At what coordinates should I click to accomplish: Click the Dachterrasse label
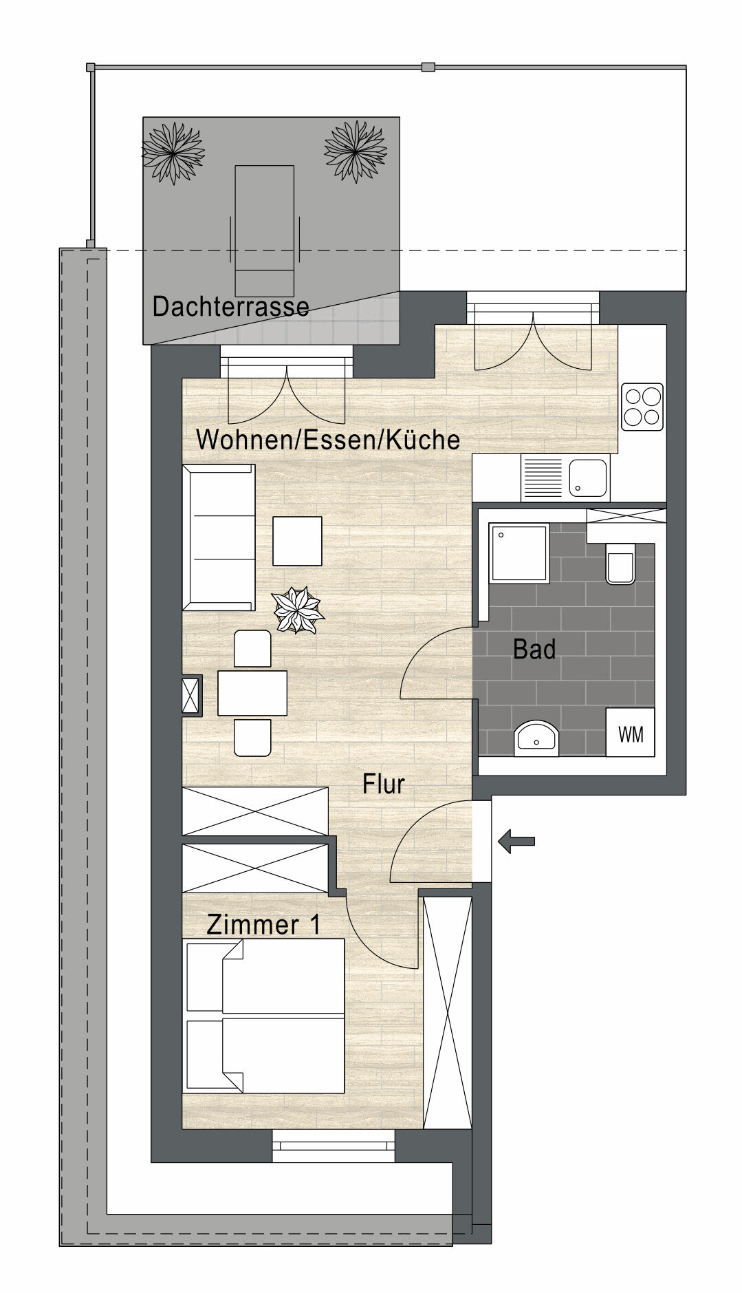(x=230, y=306)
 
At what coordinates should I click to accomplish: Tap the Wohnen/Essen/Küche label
(x=328, y=439)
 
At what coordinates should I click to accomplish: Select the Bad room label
(x=534, y=649)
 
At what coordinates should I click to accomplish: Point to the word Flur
(x=384, y=784)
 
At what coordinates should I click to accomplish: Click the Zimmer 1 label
(x=263, y=925)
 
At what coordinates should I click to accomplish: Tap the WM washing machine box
(x=631, y=734)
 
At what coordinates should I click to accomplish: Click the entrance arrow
(x=516, y=841)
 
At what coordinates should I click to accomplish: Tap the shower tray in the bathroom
(x=519, y=553)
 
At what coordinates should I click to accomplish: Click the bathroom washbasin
(x=538, y=738)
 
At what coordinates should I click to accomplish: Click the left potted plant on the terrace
(x=173, y=151)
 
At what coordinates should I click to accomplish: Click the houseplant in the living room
(x=298, y=610)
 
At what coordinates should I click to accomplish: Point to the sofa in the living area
(x=218, y=537)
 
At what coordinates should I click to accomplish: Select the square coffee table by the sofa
(x=297, y=541)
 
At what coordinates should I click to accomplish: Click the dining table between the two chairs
(x=252, y=693)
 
